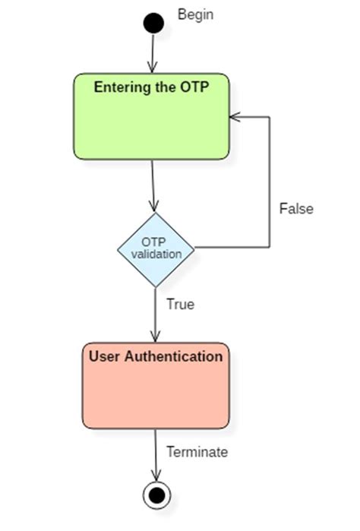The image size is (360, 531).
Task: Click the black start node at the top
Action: [153, 23]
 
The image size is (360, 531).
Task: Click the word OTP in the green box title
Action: [193, 87]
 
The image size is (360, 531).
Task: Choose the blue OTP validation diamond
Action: [156, 248]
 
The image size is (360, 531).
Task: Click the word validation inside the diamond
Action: [156, 254]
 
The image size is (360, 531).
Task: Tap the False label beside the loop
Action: [295, 208]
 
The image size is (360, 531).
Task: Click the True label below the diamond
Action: [180, 305]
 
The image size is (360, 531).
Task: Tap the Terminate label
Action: [197, 452]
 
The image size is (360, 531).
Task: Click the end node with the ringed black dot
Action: [156, 495]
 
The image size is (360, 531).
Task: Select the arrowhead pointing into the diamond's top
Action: [154, 206]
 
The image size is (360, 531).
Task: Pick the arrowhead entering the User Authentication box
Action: [156, 337]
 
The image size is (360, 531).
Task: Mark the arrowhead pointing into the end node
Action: [156, 476]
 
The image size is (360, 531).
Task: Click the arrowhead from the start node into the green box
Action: [153, 68]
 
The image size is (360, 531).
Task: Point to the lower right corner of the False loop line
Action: [270, 248]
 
